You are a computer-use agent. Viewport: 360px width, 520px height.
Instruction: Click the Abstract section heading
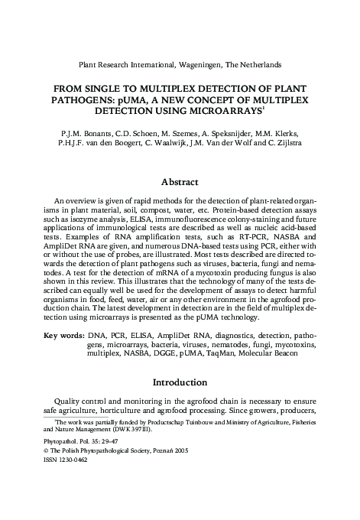[180, 182]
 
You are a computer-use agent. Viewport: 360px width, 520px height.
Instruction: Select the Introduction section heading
[180, 382]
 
